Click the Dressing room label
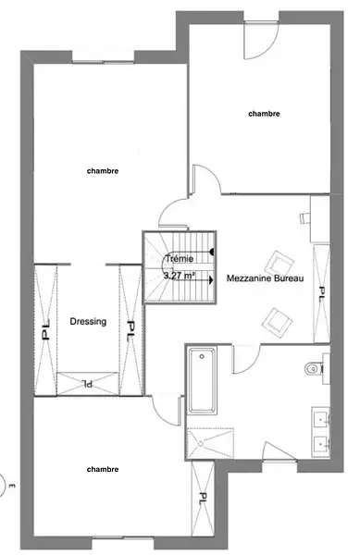(x=88, y=321)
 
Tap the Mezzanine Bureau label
(x=265, y=278)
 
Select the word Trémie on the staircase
(x=180, y=259)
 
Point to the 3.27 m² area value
(x=180, y=275)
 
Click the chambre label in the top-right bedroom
(x=264, y=114)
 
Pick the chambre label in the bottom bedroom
(x=103, y=469)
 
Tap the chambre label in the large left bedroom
(x=103, y=171)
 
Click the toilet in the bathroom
(x=314, y=369)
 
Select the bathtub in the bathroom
(x=202, y=380)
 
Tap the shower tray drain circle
(x=201, y=443)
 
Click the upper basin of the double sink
(x=321, y=419)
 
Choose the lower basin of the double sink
(x=321, y=442)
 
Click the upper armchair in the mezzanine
(x=279, y=264)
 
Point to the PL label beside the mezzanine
(x=322, y=293)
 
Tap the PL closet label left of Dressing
(x=45, y=330)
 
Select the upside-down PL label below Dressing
(x=87, y=383)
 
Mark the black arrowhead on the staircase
(x=211, y=280)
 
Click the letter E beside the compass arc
(x=13, y=486)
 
